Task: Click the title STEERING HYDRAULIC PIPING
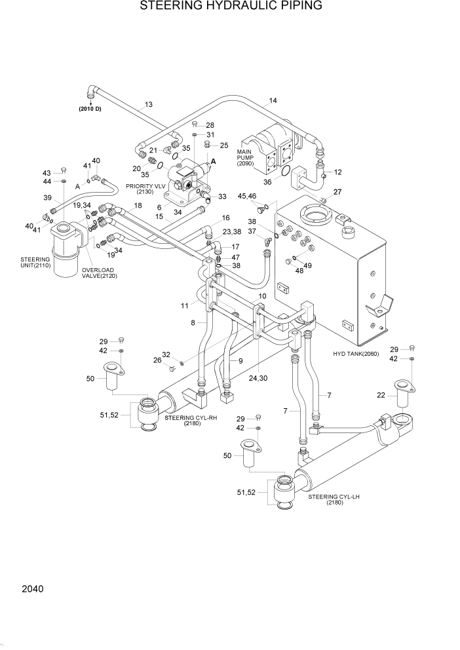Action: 230,7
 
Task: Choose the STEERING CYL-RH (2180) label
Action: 191,420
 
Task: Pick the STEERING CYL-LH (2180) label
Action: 335,500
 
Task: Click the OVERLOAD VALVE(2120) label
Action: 98,273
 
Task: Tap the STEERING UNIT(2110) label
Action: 35,263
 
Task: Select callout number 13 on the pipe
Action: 149,105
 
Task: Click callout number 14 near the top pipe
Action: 273,101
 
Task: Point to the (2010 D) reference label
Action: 90,108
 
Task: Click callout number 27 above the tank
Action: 337,192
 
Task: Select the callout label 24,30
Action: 259,378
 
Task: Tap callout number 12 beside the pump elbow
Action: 338,172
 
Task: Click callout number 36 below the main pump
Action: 267,182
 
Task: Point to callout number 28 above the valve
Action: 210,125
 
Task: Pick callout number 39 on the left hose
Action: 47,198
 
